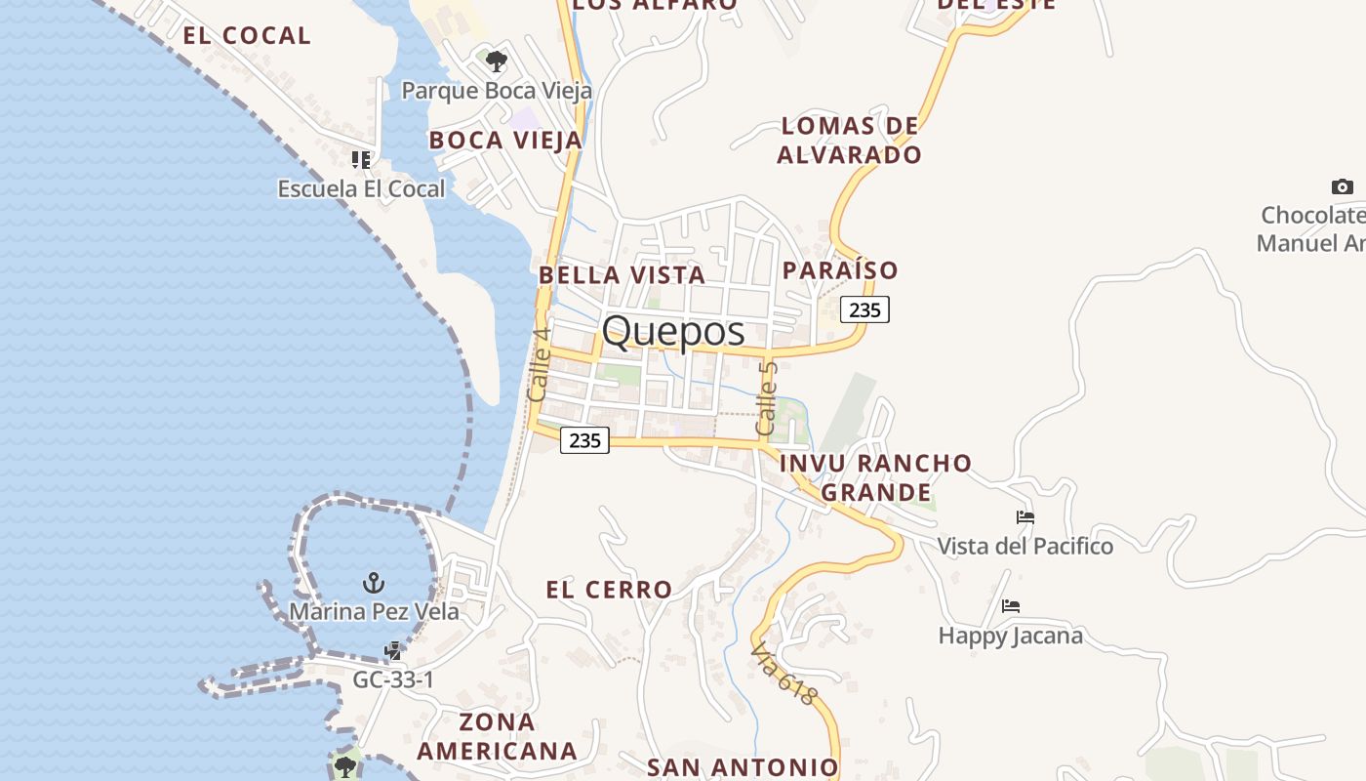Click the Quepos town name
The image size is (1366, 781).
click(673, 332)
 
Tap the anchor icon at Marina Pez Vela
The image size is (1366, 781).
click(374, 583)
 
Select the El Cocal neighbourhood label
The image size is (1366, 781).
click(247, 36)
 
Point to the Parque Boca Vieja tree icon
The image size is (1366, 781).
click(497, 62)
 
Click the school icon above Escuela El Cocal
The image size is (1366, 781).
click(361, 159)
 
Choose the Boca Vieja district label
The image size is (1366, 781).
click(505, 141)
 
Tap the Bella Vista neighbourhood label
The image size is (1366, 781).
click(623, 275)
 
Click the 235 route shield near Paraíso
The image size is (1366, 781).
click(864, 310)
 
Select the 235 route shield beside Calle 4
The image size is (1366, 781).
click(584, 440)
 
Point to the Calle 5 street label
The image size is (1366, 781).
click(767, 398)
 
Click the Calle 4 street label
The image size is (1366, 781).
click(539, 365)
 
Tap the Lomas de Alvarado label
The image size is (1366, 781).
click(850, 140)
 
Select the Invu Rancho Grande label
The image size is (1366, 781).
click(876, 476)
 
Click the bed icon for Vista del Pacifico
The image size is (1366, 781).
click(1024, 517)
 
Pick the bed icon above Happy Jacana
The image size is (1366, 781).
click(1011, 606)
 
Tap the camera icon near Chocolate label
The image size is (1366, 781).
click(1343, 186)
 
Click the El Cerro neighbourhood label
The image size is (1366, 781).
click(609, 590)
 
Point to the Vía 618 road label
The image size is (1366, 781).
click(783, 674)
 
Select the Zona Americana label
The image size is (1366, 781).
click(498, 736)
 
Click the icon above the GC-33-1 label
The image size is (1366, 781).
click(393, 650)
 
